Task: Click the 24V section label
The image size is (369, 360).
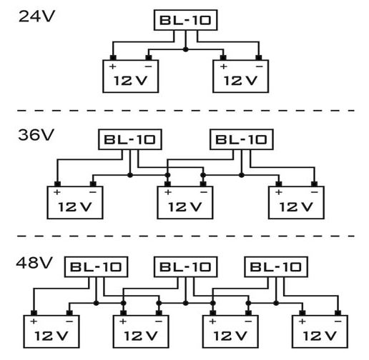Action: (x=36, y=16)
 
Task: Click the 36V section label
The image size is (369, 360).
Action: (x=36, y=135)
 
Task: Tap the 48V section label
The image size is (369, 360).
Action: (x=34, y=263)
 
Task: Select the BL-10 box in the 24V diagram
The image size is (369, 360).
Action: (x=185, y=20)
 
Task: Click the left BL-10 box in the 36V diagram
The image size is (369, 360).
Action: (x=130, y=139)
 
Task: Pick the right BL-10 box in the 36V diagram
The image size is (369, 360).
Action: (x=242, y=139)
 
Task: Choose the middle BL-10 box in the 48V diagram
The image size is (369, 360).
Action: (x=185, y=267)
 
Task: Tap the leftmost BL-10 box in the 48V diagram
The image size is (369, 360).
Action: (x=96, y=267)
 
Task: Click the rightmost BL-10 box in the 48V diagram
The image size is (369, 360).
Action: (x=276, y=267)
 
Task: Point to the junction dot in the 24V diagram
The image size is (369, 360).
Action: (x=186, y=49)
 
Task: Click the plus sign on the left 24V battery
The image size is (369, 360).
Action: (x=112, y=66)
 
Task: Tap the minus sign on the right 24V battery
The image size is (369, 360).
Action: (x=259, y=66)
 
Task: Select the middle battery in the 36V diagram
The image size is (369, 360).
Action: (x=185, y=202)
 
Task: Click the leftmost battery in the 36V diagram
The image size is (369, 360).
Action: (x=75, y=202)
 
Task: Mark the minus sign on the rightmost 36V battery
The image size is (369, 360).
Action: (x=315, y=192)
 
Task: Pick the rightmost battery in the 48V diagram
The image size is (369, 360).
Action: (x=320, y=331)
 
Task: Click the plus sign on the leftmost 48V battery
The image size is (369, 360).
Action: (x=34, y=321)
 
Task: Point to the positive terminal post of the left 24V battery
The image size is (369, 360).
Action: (x=113, y=58)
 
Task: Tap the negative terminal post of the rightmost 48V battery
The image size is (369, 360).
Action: (x=338, y=313)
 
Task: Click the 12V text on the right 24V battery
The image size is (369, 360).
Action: (x=240, y=81)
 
